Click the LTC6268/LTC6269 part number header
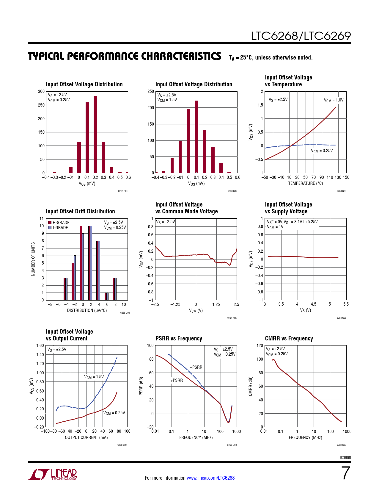(x=301, y=36)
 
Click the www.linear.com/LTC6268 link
(x=210, y=478)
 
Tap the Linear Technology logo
(x=53, y=474)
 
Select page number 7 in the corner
(x=345, y=473)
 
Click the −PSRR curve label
(x=196, y=367)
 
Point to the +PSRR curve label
(x=177, y=380)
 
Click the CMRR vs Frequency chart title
(x=289, y=338)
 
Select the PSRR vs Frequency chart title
(x=179, y=338)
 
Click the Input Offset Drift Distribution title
(x=80, y=211)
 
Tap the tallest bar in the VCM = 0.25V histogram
(x=95, y=134)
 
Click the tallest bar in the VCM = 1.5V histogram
(x=196, y=136)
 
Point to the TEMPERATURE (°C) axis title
(x=305, y=183)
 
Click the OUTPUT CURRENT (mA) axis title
(x=86, y=437)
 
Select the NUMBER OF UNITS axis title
(x=33, y=259)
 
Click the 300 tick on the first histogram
(x=41, y=91)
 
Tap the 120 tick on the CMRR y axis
(x=260, y=345)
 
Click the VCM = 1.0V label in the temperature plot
(x=334, y=100)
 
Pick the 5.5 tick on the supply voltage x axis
(x=346, y=304)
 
